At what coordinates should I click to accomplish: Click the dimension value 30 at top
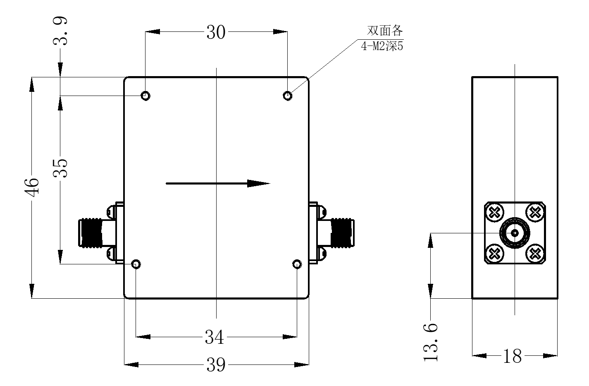pos(216,32)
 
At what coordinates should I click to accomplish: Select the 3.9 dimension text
pos(60,31)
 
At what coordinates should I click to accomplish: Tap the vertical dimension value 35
pos(60,168)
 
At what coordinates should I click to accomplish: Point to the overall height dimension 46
pos(31,187)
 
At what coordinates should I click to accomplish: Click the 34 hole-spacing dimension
pos(214,337)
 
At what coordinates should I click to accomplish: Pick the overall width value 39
pos(216,364)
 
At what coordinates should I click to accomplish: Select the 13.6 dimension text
pos(430,343)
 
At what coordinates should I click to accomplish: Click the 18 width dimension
pos(512,356)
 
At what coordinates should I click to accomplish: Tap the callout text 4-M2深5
pos(382,46)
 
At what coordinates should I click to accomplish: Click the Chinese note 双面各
pos(385,31)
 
